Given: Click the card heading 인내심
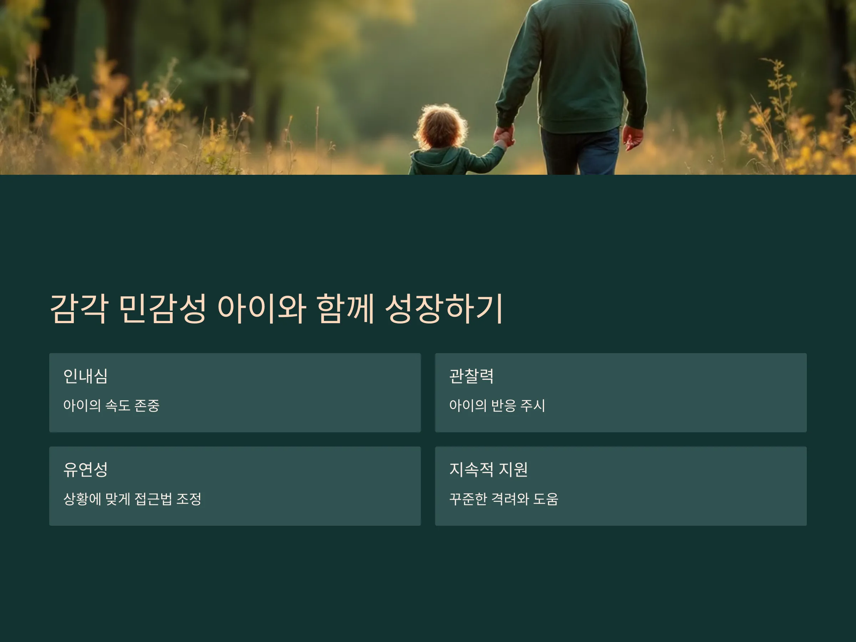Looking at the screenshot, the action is point(86,376).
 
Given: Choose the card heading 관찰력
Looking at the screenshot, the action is point(472,376).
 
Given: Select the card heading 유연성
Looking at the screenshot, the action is point(86,469).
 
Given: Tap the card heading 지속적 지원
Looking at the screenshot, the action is point(488,469).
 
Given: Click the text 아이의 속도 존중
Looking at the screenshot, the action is point(111,406).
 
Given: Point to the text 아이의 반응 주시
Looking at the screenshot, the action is point(497,406).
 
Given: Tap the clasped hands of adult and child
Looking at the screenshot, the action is point(504,136).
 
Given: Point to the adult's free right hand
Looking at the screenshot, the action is point(632,138).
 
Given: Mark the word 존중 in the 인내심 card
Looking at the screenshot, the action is point(147,406).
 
